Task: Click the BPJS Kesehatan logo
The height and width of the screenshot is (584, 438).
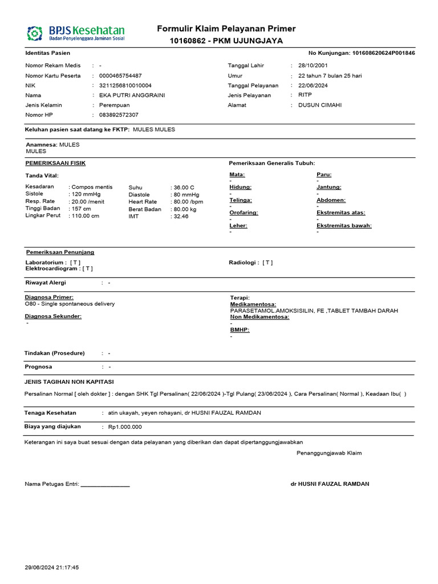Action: [76, 33]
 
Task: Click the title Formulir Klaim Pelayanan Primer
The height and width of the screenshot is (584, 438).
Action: [226, 29]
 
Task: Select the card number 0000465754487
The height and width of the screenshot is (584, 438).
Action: [120, 76]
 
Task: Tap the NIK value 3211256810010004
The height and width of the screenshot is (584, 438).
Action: [125, 86]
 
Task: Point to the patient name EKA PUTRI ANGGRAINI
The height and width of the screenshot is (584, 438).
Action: [132, 95]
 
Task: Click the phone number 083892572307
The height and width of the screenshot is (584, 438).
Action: [119, 115]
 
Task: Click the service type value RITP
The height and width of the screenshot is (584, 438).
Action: [305, 95]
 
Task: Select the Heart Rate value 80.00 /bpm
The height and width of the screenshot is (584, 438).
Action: [188, 202]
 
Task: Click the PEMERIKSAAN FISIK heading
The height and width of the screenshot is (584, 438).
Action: [56, 163]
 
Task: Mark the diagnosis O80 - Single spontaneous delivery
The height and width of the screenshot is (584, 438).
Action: [70, 304]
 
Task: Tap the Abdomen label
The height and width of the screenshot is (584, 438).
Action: [331, 200]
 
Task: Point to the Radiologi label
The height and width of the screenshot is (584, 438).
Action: [244, 263]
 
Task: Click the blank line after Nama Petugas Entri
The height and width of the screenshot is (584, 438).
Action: [106, 484]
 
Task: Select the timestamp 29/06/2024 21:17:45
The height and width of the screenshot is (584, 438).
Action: [52, 567]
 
